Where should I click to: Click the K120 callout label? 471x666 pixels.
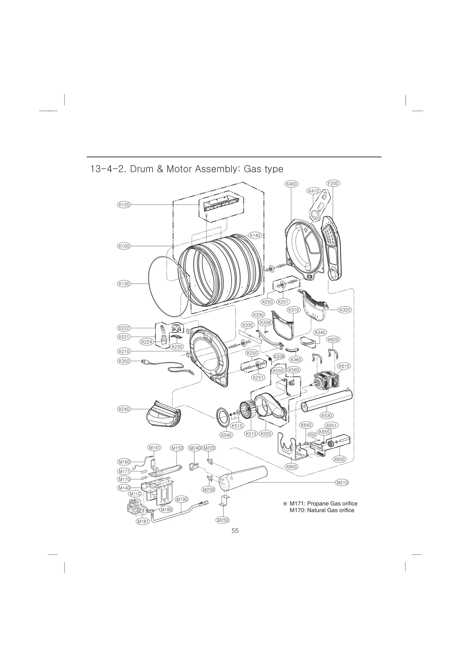(124, 205)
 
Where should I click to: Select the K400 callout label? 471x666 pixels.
(291, 184)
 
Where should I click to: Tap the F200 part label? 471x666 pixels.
(333, 183)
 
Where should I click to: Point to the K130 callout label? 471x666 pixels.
(124, 284)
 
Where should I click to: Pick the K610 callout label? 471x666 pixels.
(344, 366)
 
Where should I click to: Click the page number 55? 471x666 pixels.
(235, 531)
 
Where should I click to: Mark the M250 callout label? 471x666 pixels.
(223, 520)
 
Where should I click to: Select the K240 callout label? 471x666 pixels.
(124, 409)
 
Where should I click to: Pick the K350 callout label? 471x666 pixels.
(124, 361)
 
